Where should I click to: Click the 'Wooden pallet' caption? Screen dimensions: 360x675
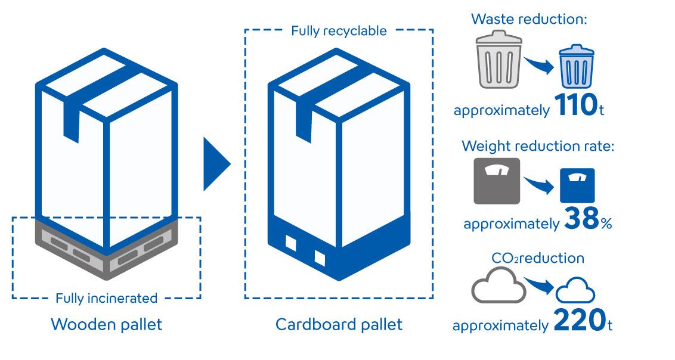[106, 325]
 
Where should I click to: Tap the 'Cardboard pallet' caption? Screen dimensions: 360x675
[339, 325]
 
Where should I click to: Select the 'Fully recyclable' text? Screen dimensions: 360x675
[339, 30]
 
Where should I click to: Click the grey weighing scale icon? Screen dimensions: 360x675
[497, 181]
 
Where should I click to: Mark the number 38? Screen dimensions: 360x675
[580, 219]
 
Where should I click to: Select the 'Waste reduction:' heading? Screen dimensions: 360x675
[530, 18]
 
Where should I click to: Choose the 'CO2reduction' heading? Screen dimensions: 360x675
[537, 258]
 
